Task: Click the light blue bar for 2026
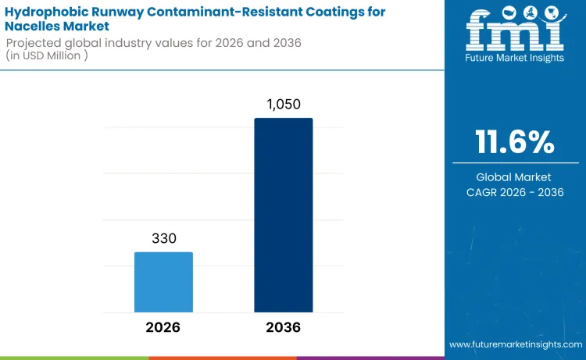coord(163,281)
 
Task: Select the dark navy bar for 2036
coord(283,215)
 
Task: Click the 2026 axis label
coord(163,327)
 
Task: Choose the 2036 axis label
coord(283,327)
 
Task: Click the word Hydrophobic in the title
coord(47,12)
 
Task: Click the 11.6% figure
coord(516,142)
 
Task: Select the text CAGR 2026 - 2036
coord(516,192)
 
